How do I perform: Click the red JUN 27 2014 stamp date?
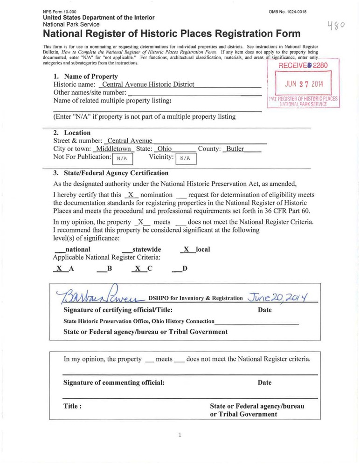pyautogui.click(x=304, y=85)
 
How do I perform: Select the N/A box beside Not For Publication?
pyautogui.click(x=123, y=158)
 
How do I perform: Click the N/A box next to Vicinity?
pyautogui.click(x=186, y=158)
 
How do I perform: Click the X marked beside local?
pyautogui.click(x=187, y=249)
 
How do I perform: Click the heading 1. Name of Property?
pyautogui.click(x=86, y=76)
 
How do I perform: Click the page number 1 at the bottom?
pyautogui.click(x=180, y=435)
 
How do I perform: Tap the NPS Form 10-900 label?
pyautogui.click(x=60, y=12)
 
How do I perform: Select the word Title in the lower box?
pyautogui.click(x=73, y=406)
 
